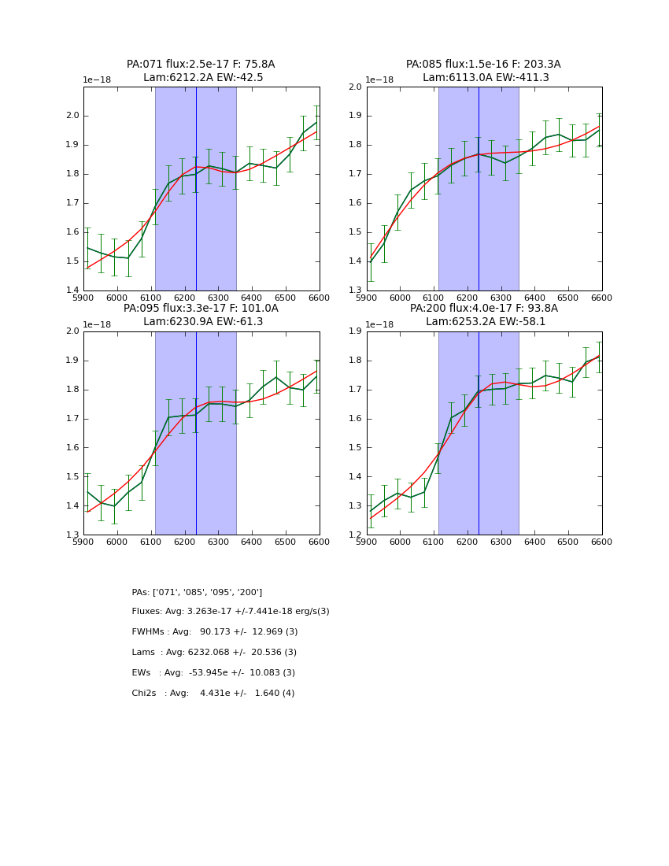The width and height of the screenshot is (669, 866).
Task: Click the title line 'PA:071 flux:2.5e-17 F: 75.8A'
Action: (x=201, y=65)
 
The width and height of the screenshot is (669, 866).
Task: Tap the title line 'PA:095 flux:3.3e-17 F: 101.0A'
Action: (x=201, y=309)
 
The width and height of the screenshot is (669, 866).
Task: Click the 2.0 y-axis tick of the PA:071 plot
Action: (x=72, y=116)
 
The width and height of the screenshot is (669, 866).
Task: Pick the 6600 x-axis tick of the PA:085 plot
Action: (x=601, y=298)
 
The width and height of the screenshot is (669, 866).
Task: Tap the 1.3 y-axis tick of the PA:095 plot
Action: (x=72, y=535)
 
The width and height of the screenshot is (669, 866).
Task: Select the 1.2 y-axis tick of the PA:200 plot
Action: (x=356, y=535)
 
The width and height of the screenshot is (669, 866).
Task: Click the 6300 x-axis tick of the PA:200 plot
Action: (x=501, y=542)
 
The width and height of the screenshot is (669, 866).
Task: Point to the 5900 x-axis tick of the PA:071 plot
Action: (x=83, y=298)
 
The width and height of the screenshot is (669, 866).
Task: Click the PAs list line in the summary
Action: (x=197, y=592)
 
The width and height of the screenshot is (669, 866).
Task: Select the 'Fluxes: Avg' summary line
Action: (x=231, y=612)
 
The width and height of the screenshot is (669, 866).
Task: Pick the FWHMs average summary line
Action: (x=215, y=632)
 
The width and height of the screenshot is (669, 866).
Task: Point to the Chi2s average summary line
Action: (x=213, y=694)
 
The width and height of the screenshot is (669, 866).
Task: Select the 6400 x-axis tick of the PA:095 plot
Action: (x=251, y=542)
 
